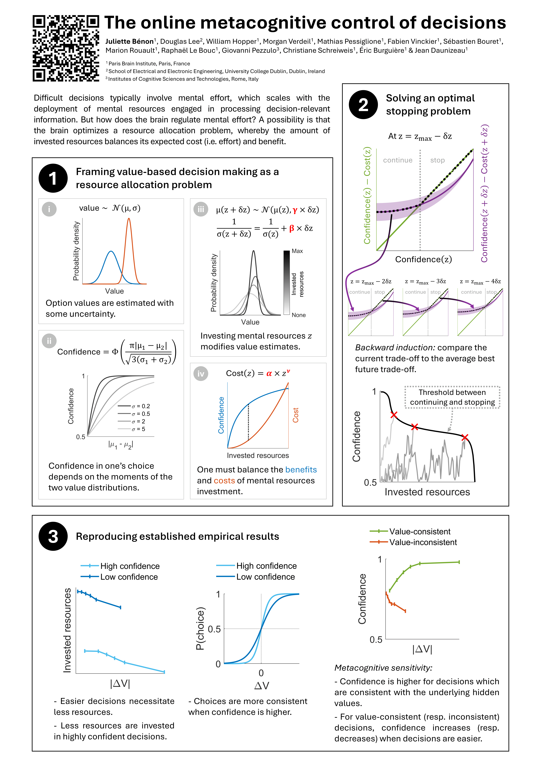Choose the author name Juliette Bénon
(x=130, y=42)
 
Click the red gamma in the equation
(x=295, y=210)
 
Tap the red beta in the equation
(x=291, y=228)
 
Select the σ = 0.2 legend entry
(x=134, y=406)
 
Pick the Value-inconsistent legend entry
(x=413, y=542)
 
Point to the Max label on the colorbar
(x=297, y=251)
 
